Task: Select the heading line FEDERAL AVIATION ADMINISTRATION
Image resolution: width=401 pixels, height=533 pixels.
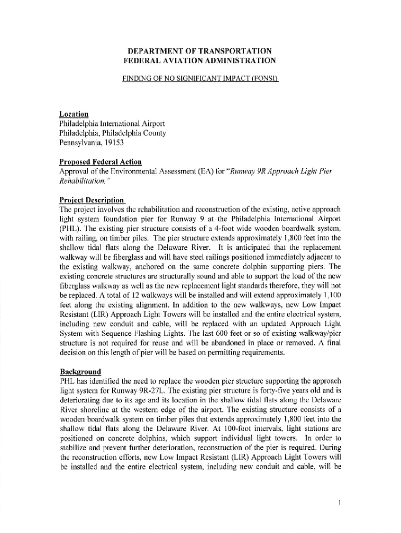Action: [200, 60]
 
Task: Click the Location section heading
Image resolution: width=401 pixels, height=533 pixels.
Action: [73, 114]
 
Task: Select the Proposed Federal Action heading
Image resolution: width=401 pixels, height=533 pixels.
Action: [101, 162]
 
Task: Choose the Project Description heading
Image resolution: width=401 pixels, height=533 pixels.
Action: [92, 200]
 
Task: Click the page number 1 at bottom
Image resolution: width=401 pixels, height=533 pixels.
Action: [339, 503]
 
